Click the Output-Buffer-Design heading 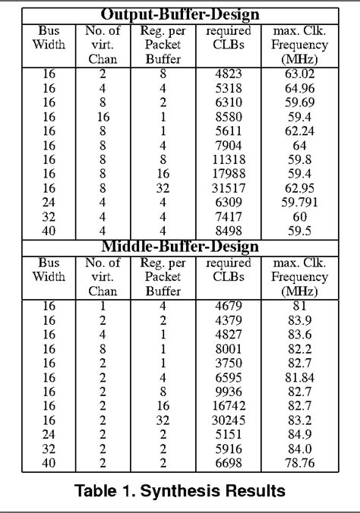tap(180, 14)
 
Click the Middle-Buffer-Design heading tap(180, 247)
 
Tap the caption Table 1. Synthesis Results tap(180, 491)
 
